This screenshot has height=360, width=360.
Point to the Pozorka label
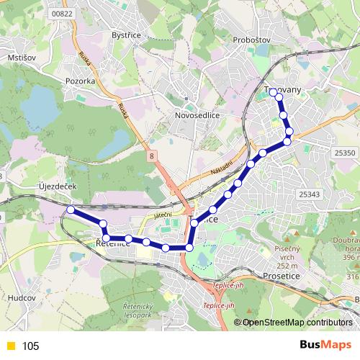pos(79,81)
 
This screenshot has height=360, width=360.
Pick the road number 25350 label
pos(345,153)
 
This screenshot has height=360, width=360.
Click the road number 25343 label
pos(310,194)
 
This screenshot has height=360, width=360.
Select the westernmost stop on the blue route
pos(71,210)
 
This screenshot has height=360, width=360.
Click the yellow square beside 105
pos(9,346)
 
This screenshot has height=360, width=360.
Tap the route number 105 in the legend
pos(30,346)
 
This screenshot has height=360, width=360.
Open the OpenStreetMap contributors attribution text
pos(297,323)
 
